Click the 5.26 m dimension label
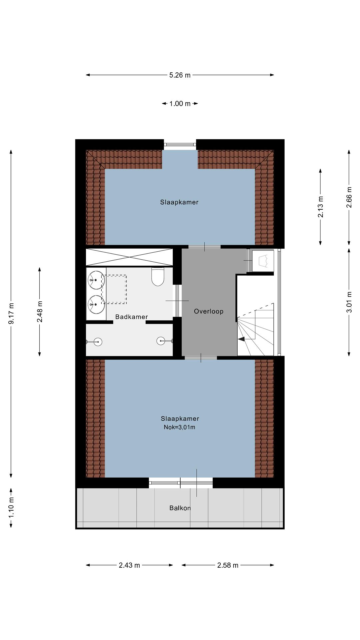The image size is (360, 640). point(180,75)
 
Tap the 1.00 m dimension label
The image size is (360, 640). point(180,104)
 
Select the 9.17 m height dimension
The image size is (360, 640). point(11,313)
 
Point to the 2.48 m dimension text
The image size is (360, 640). point(40,312)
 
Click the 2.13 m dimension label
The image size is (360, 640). point(320,207)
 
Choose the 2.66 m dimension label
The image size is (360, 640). point(349,197)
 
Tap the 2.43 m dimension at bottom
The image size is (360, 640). point(129,565)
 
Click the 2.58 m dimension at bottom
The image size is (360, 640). point(228,565)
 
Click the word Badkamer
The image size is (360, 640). point(131,317)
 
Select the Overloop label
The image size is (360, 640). point(209,311)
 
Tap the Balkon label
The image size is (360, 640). point(180,508)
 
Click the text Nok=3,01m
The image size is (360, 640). point(179,427)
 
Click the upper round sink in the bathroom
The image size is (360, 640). point(96,280)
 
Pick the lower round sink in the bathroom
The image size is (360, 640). point(96,304)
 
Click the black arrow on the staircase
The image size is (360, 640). point(241,339)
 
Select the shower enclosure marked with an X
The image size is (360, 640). point(129,257)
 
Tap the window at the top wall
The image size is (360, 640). point(180,144)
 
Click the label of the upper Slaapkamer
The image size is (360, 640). point(179,202)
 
